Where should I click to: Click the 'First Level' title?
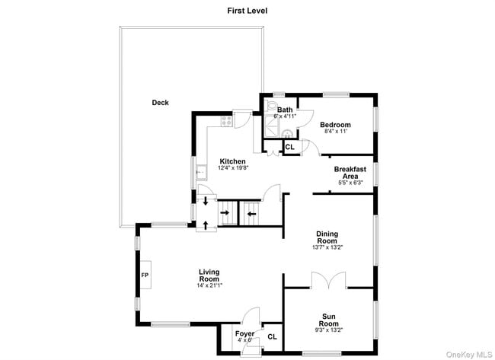coord(247,11)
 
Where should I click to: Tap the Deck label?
coord(160,103)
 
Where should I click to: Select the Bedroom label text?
coord(335,125)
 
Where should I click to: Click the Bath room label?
coord(285,110)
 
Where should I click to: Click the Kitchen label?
coord(232,161)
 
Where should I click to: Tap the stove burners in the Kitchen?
coord(226,120)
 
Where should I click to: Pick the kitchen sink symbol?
coord(200,171)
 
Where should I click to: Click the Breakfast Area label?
coord(350,172)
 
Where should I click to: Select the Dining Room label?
coord(327,237)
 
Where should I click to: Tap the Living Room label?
coord(209,276)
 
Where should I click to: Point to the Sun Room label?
coord(329,320)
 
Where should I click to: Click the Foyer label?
coord(244,333)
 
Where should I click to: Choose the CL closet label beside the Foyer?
coord(272,336)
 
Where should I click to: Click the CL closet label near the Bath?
coord(289,146)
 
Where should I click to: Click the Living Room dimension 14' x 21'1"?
coord(209,285)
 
